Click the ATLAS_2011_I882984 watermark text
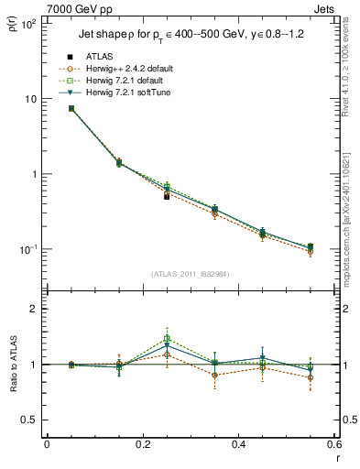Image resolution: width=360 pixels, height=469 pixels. click(x=190, y=273)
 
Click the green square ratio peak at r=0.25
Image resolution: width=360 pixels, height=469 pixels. click(x=167, y=339)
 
